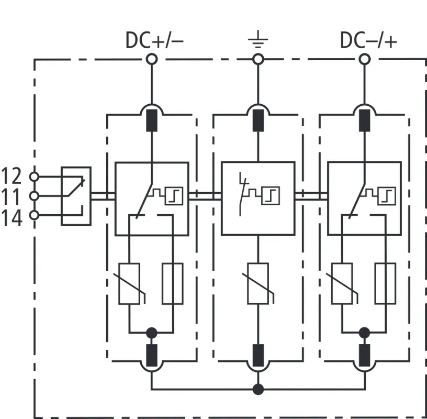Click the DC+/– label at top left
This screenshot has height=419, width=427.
coord(154,40)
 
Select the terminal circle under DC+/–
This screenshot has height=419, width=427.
coord(151,59)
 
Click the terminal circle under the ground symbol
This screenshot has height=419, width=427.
coord(257,59)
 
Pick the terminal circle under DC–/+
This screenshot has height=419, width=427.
coord(364,59)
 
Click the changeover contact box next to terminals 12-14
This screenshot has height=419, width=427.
coord(76,196)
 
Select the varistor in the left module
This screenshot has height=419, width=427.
coord(130,284)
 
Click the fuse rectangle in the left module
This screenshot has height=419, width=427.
coord(173,284)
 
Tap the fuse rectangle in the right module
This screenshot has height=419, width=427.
coord(385,284)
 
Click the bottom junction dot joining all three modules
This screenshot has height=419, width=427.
coord(257,389)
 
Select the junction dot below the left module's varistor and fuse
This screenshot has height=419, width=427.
coord(151,333)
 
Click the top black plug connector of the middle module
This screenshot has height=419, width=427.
coord(257,120)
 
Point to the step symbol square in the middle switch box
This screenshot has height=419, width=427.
coord(271,196)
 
